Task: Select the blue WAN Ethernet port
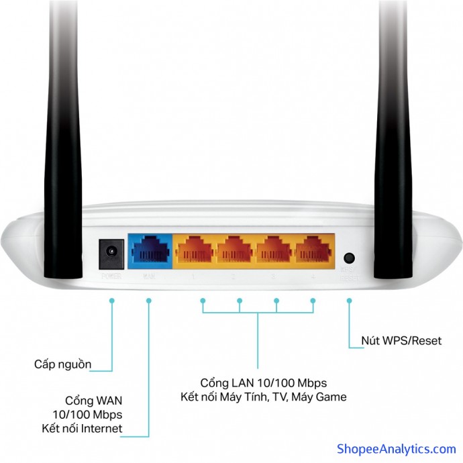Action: pyautogui.click(x=150, y=253)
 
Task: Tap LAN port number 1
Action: pyautogui.click(x=194, y=253)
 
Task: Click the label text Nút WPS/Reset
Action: pyautogui.click(x=402, y=341)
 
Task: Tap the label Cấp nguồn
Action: pyautogui.click(x=63, y=364)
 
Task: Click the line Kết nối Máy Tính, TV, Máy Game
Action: pyautogui.click(x=263, y=397)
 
